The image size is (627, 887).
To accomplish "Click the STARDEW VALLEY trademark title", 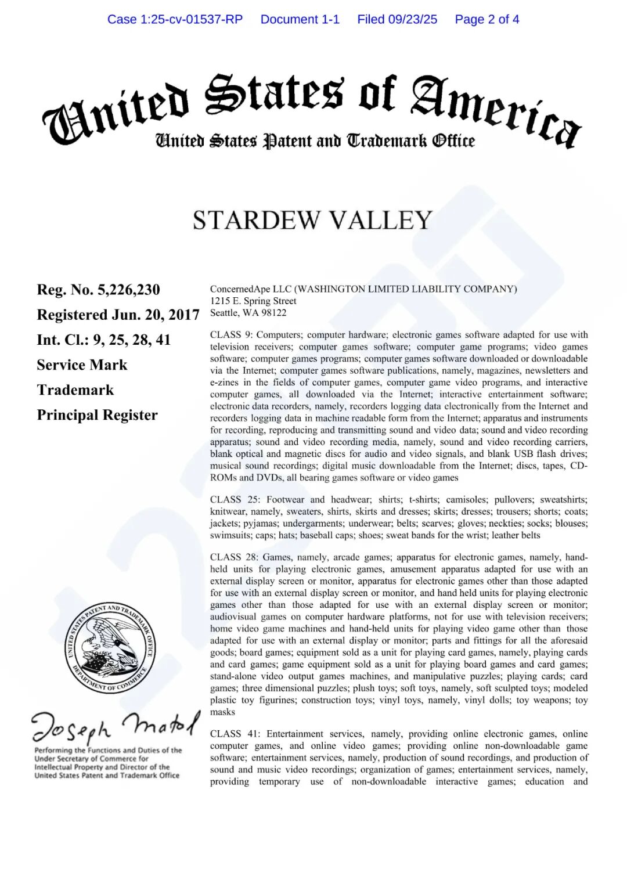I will pos(312,221).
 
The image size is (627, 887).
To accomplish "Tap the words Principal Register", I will pos(97,415).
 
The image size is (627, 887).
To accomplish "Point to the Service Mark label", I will pos(82,365).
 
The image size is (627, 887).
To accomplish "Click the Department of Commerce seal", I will pos(110,648).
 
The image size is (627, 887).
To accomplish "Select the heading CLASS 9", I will pos(231,335).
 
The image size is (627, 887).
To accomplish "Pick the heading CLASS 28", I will pos(234,557).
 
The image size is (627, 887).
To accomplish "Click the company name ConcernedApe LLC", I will pos(251,289).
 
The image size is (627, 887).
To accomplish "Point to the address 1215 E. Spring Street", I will pos(253,301).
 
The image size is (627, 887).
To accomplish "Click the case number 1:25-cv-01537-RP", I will pos(175,19).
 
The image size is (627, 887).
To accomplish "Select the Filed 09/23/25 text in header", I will pos(397,19).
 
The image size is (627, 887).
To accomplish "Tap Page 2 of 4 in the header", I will pos(487,19).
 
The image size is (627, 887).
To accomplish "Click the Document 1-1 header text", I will pos(300,19).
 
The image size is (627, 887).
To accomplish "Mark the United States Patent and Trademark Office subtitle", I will pos(315,141).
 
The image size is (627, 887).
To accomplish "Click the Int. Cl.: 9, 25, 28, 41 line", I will pos(104,340).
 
